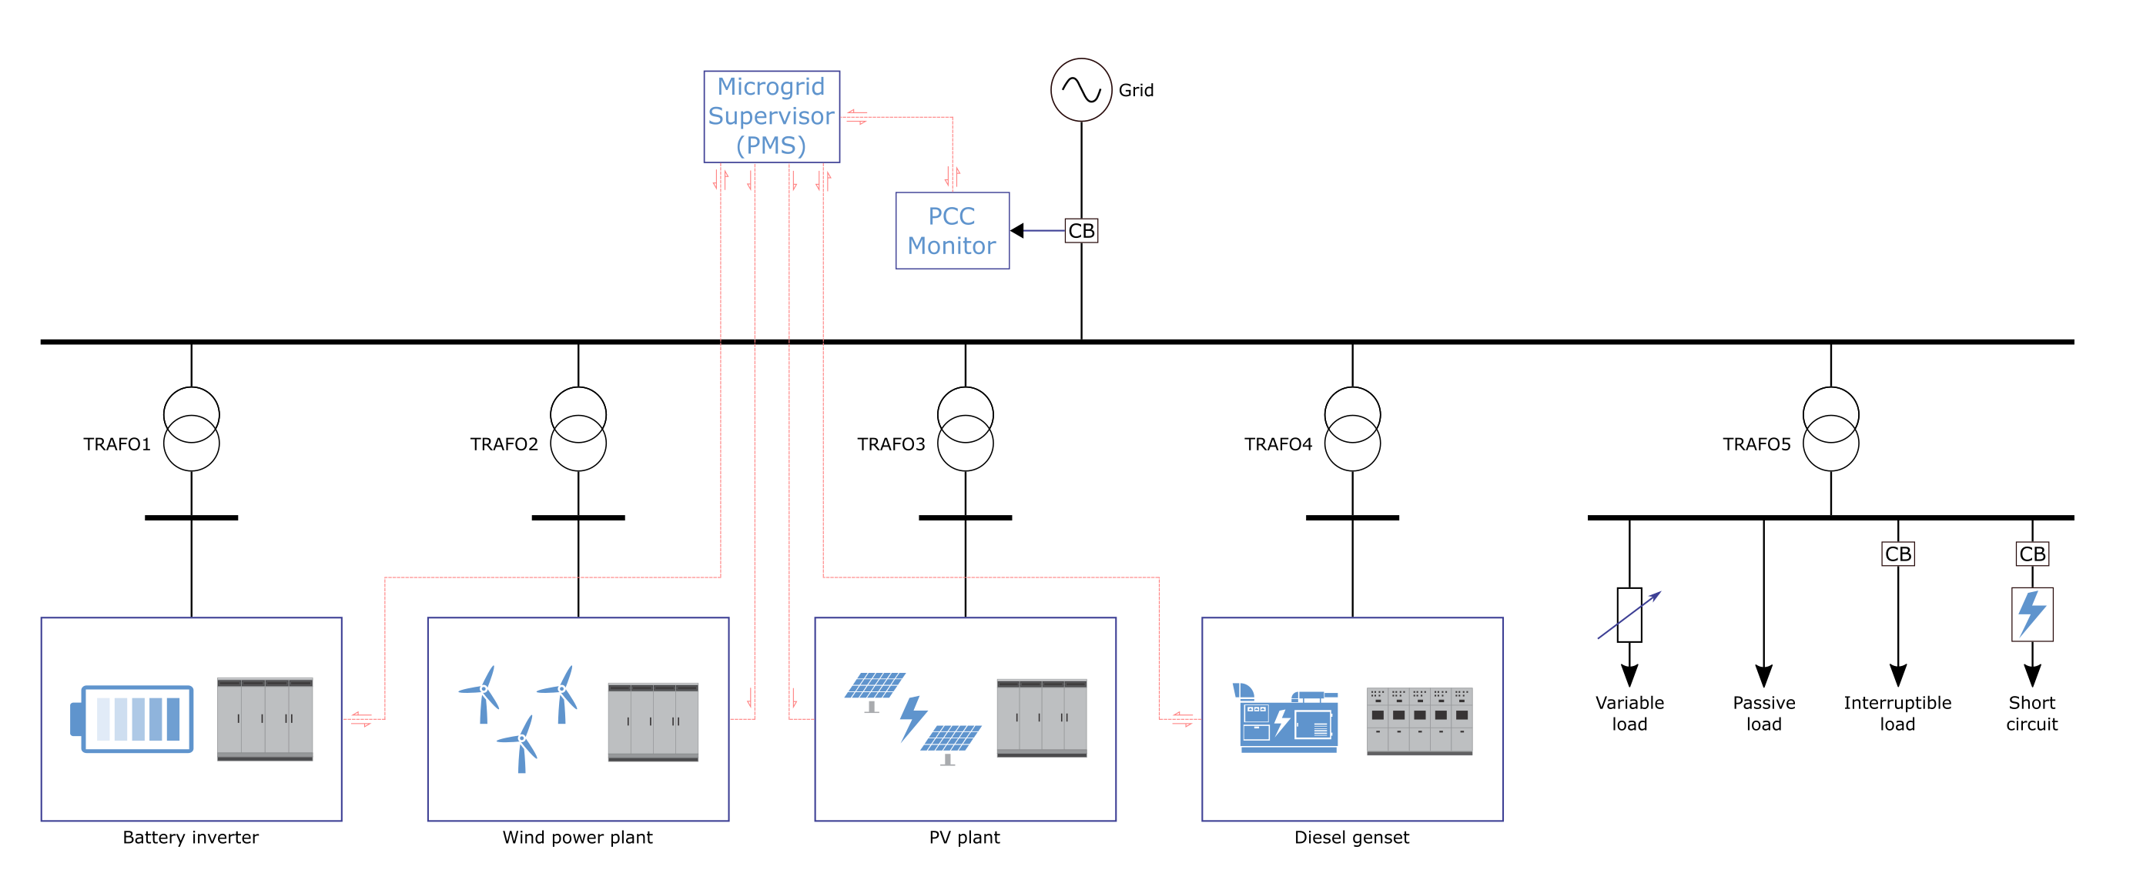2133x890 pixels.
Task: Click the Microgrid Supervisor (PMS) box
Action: (771, 117)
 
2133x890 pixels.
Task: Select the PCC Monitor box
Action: (952, 231)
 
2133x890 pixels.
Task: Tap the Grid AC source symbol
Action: (1080, 89)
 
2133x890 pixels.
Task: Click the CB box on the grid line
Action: (1080, 231)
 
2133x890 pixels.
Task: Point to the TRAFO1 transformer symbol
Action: (191, 429)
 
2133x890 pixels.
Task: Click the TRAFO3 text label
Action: (890, 444)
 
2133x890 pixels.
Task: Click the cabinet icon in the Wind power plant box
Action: (652, 722)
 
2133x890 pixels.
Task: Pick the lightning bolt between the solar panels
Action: (912, 718)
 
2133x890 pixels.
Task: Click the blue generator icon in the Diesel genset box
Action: (1286, 718)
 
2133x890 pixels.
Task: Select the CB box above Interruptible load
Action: (1897, 554)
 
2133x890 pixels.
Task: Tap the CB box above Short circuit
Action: (2031, 554)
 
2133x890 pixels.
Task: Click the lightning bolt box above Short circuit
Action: (2031, 614)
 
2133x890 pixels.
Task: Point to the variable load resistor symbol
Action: (1629, 615)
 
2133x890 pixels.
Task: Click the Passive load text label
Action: (1763, 713)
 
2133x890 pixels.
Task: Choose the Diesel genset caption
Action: (1351, 837)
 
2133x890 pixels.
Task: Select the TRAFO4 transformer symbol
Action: (1351, 429)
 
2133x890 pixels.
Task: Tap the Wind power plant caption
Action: (577, 837)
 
